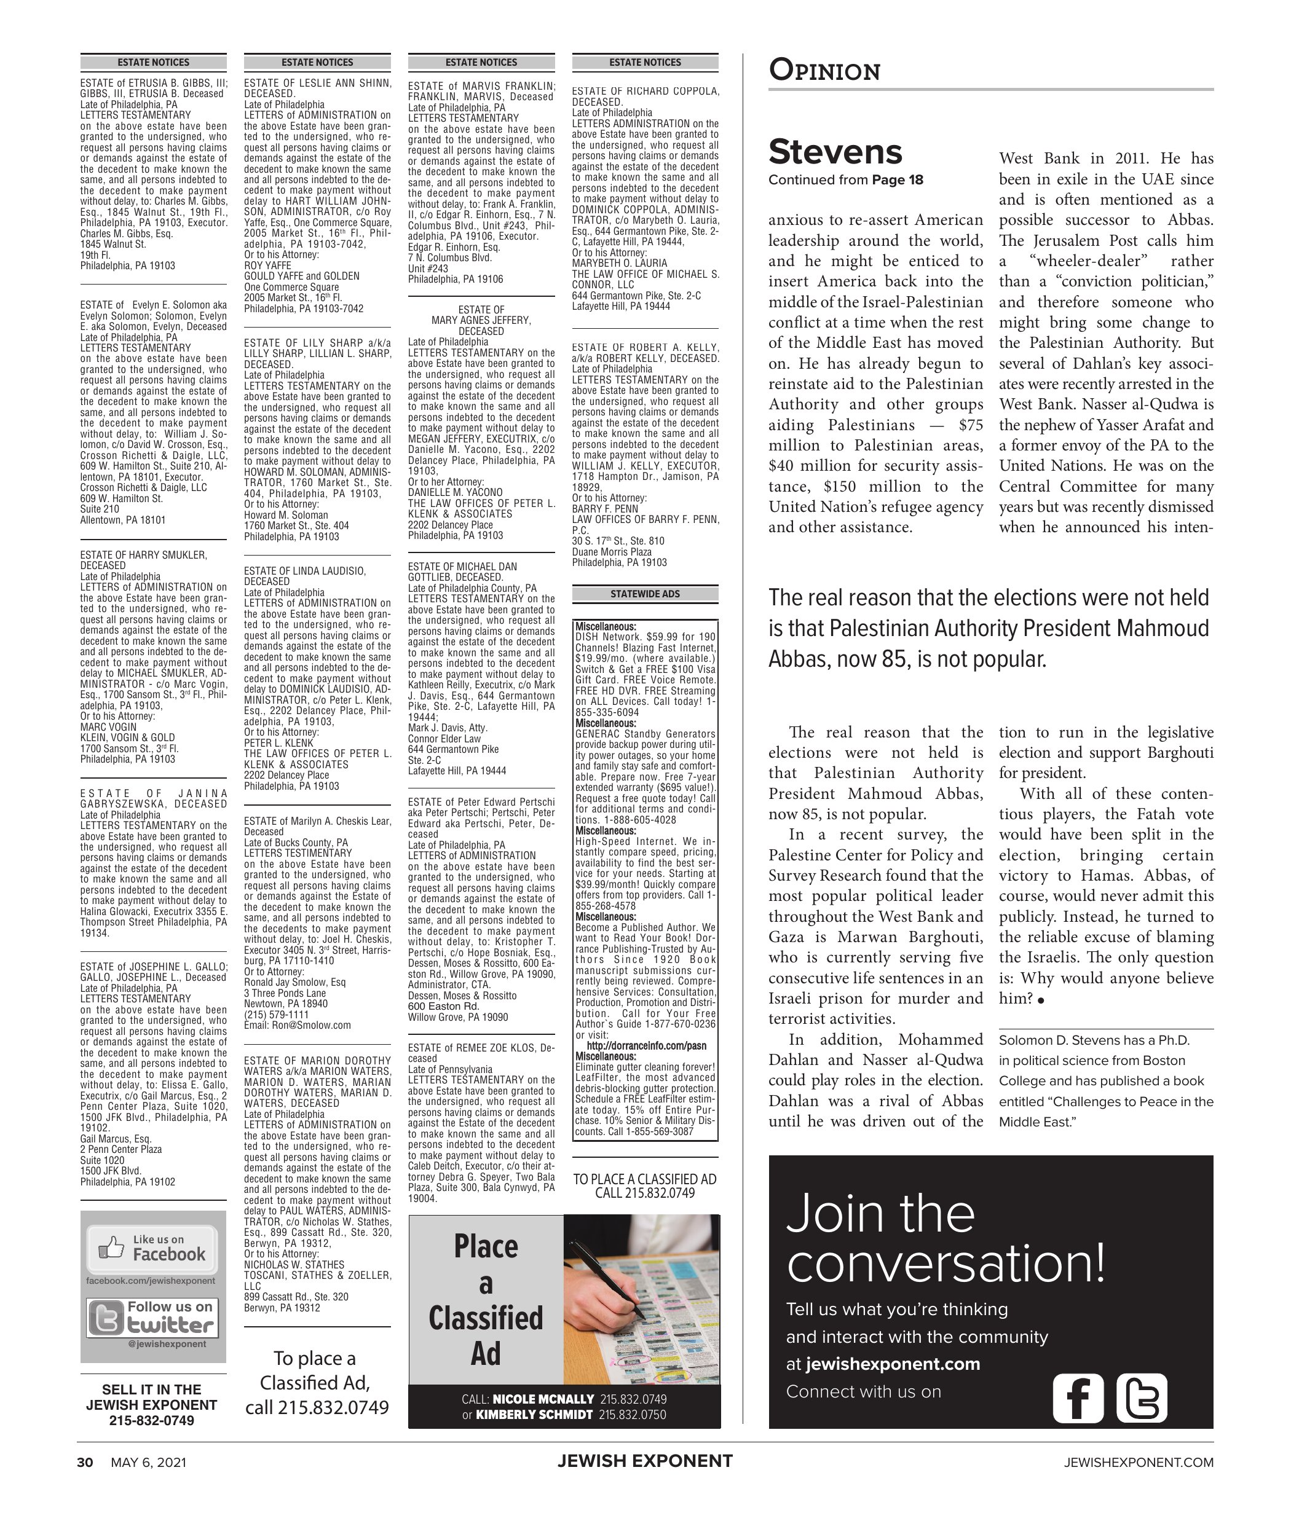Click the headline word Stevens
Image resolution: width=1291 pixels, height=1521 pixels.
coord(835,152)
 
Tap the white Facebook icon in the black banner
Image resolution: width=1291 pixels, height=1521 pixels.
coord(1077,1398)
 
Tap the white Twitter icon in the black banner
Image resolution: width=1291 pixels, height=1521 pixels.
coord(1141,1398)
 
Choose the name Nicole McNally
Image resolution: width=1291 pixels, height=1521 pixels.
coord(543,1399)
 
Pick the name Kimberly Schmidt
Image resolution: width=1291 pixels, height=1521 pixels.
coord(534,1414)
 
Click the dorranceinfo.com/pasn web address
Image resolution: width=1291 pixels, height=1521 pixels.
coord(646,1045)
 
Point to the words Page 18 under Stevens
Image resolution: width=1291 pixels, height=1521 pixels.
coord(898,180)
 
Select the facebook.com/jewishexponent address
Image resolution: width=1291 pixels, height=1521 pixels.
coord(151,1280)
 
